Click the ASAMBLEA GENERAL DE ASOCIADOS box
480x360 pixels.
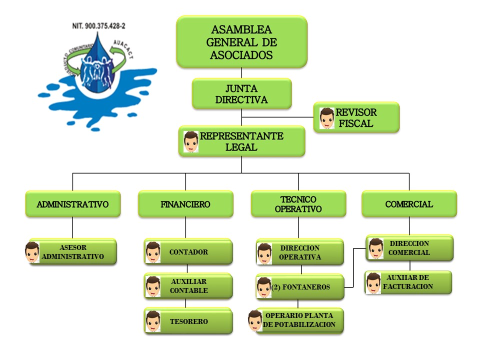click(x=241, y=42)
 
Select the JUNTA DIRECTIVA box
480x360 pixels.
click(x=241, y=93)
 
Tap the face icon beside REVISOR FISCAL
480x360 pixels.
click(x=326, y=118)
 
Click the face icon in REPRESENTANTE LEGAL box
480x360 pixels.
click(x=191, y=141)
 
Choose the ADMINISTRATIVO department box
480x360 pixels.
click(x=72, y=204)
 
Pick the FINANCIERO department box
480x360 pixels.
click(x=185, y=204)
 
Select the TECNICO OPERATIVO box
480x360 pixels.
click(x=298, y=204)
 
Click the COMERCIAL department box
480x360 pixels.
click(x=409, y=204)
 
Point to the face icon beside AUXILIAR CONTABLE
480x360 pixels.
click(x=153, y=286)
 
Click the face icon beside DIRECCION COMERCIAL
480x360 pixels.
click(x=375, y=248)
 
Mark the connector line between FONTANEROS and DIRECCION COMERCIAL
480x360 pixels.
click(x=353, y=267)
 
